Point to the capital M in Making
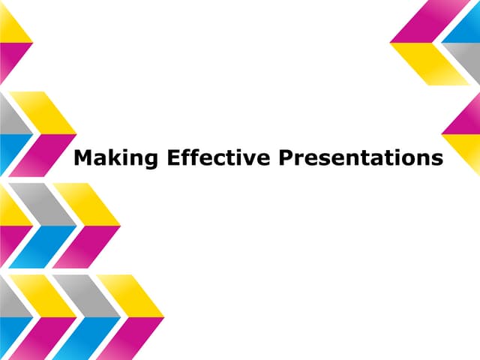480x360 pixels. point(83,158)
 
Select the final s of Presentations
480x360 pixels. point(436,160)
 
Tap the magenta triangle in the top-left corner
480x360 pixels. point(10,58)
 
